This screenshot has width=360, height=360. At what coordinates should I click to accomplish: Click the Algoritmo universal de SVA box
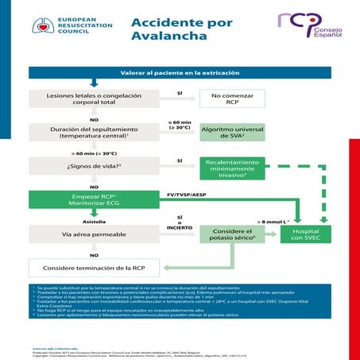pos(232,131)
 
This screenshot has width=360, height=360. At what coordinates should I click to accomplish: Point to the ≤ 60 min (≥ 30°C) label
pos(180,125)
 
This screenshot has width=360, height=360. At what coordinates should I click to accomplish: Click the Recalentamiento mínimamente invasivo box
pos(232,167)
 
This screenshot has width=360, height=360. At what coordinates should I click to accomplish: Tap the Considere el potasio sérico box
pos(232,234)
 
